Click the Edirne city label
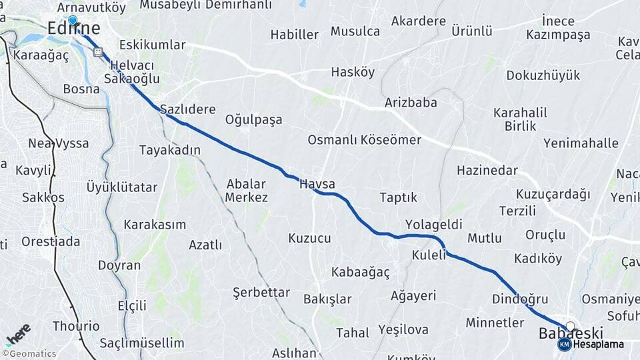pyautogui.click(x=74, y=28)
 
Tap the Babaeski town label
pyautogui.click(x=571, y=333)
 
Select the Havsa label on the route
pyautogui.click(x=317, y=184)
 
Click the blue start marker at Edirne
pyautogui.click(x=73, y=21)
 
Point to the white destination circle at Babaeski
pyautogui.click(x=570, y=326)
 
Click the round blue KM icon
pyautogui.click(x=564, y=345)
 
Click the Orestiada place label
pyautogui.click(x=51, y=241)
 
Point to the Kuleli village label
pyautogui.click(x=428, y=255)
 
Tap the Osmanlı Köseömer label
pyautogui.click(x=364, y=140)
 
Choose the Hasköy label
pyautogui.click(x=353, y=72)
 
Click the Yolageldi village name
pyautogui.click(x=433, y=224)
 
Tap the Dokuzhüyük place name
pyautogui.click(x=543, y=75)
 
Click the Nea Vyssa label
pyautogui.click(x=59, y=143)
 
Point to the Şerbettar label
pyautogui.click(x=261, y=293)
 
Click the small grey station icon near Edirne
pyautogui.click(x=99, y=51)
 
